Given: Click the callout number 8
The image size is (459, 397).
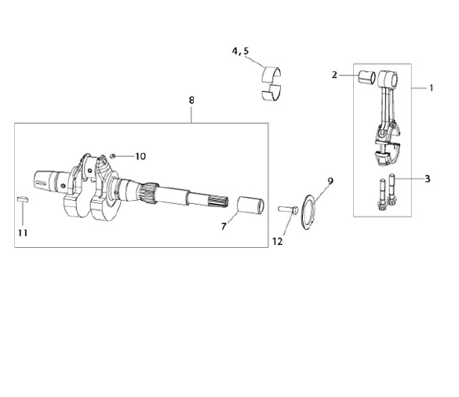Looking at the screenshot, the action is pos(191,100).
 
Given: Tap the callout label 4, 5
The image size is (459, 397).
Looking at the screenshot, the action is pos(240,51).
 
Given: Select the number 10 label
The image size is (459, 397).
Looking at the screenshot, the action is pos(140,156).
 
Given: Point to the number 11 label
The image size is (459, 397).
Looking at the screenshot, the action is pos(23,233).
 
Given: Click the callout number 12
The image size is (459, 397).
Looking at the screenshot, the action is pos(278,242).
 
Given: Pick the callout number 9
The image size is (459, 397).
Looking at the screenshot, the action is pos(330,181).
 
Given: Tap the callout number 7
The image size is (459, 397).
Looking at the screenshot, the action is pos(224,226).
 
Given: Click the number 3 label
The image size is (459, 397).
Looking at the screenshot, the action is pos(428,179).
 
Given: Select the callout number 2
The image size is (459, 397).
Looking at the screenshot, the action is pos(334,75).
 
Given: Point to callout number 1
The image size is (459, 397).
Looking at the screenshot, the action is pos(431,88).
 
